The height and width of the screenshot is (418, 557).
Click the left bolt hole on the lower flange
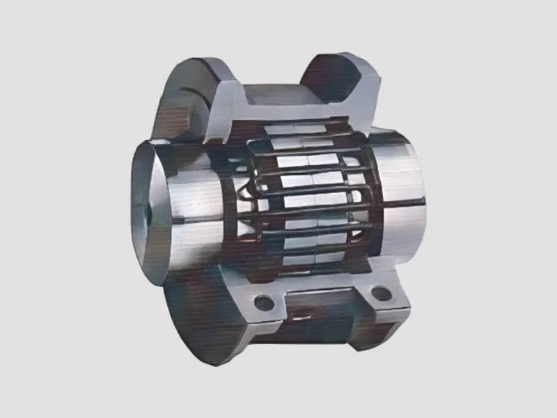coord(264,303)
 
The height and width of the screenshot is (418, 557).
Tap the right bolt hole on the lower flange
coord(381,293)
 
